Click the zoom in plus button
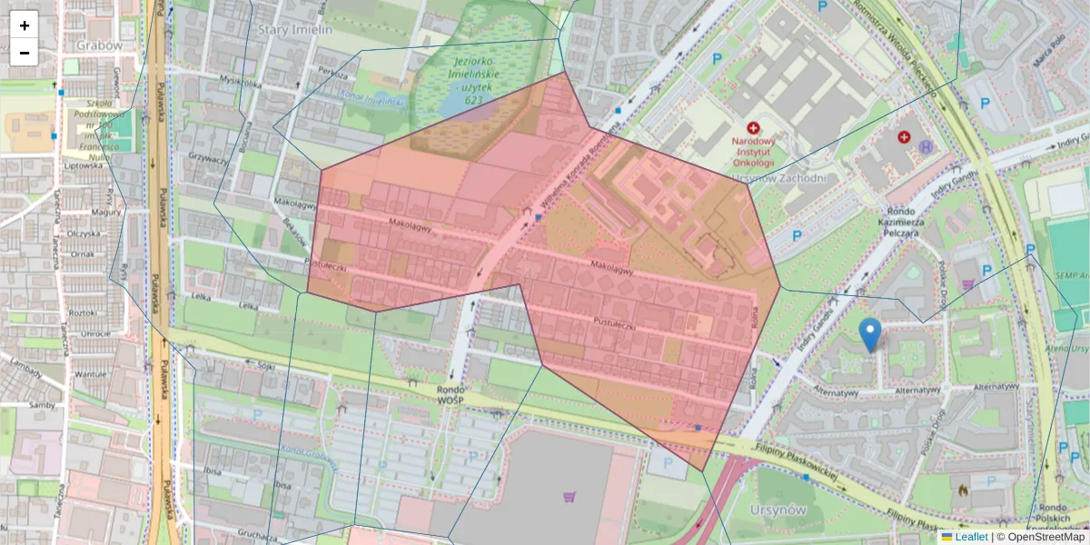coord(25,26)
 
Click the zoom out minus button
coord(25,53)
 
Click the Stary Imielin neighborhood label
coord(297,29)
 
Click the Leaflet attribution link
coord(971,537)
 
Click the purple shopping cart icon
coord(570,497)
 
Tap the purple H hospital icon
coord(926,145)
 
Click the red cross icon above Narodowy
coord(752,129)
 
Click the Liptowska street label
coord(84,166)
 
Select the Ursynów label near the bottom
coord(779,510)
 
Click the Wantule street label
coord(88,373)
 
